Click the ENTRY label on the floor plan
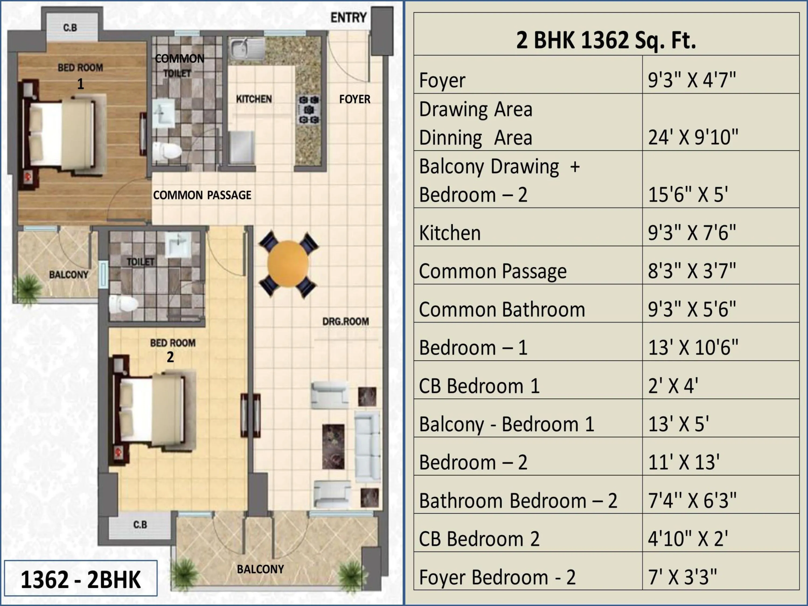pyautogui.click(x=348, y=18)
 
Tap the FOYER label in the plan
pyautogui.click(x=354, y=99)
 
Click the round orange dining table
pyautogui.click(x=288, y=264)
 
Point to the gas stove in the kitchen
pyautogui.click(x=309, y=110)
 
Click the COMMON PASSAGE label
pyautogui.click(x=202, y=195)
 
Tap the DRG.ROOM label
pyautogui.click(x=345, y=321)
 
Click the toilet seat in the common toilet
pyautogui.click(x=167, y=151)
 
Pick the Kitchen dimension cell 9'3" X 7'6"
pyautogui.click(x=691, y=233)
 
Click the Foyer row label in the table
pyautogui.click(x=442, y=80)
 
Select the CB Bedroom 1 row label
pyautogui.click(x=479, y=386)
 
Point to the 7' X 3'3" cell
pyautogui.click(x=682, y=577)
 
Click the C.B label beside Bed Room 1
pyautogui.click(x=70, y=28)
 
